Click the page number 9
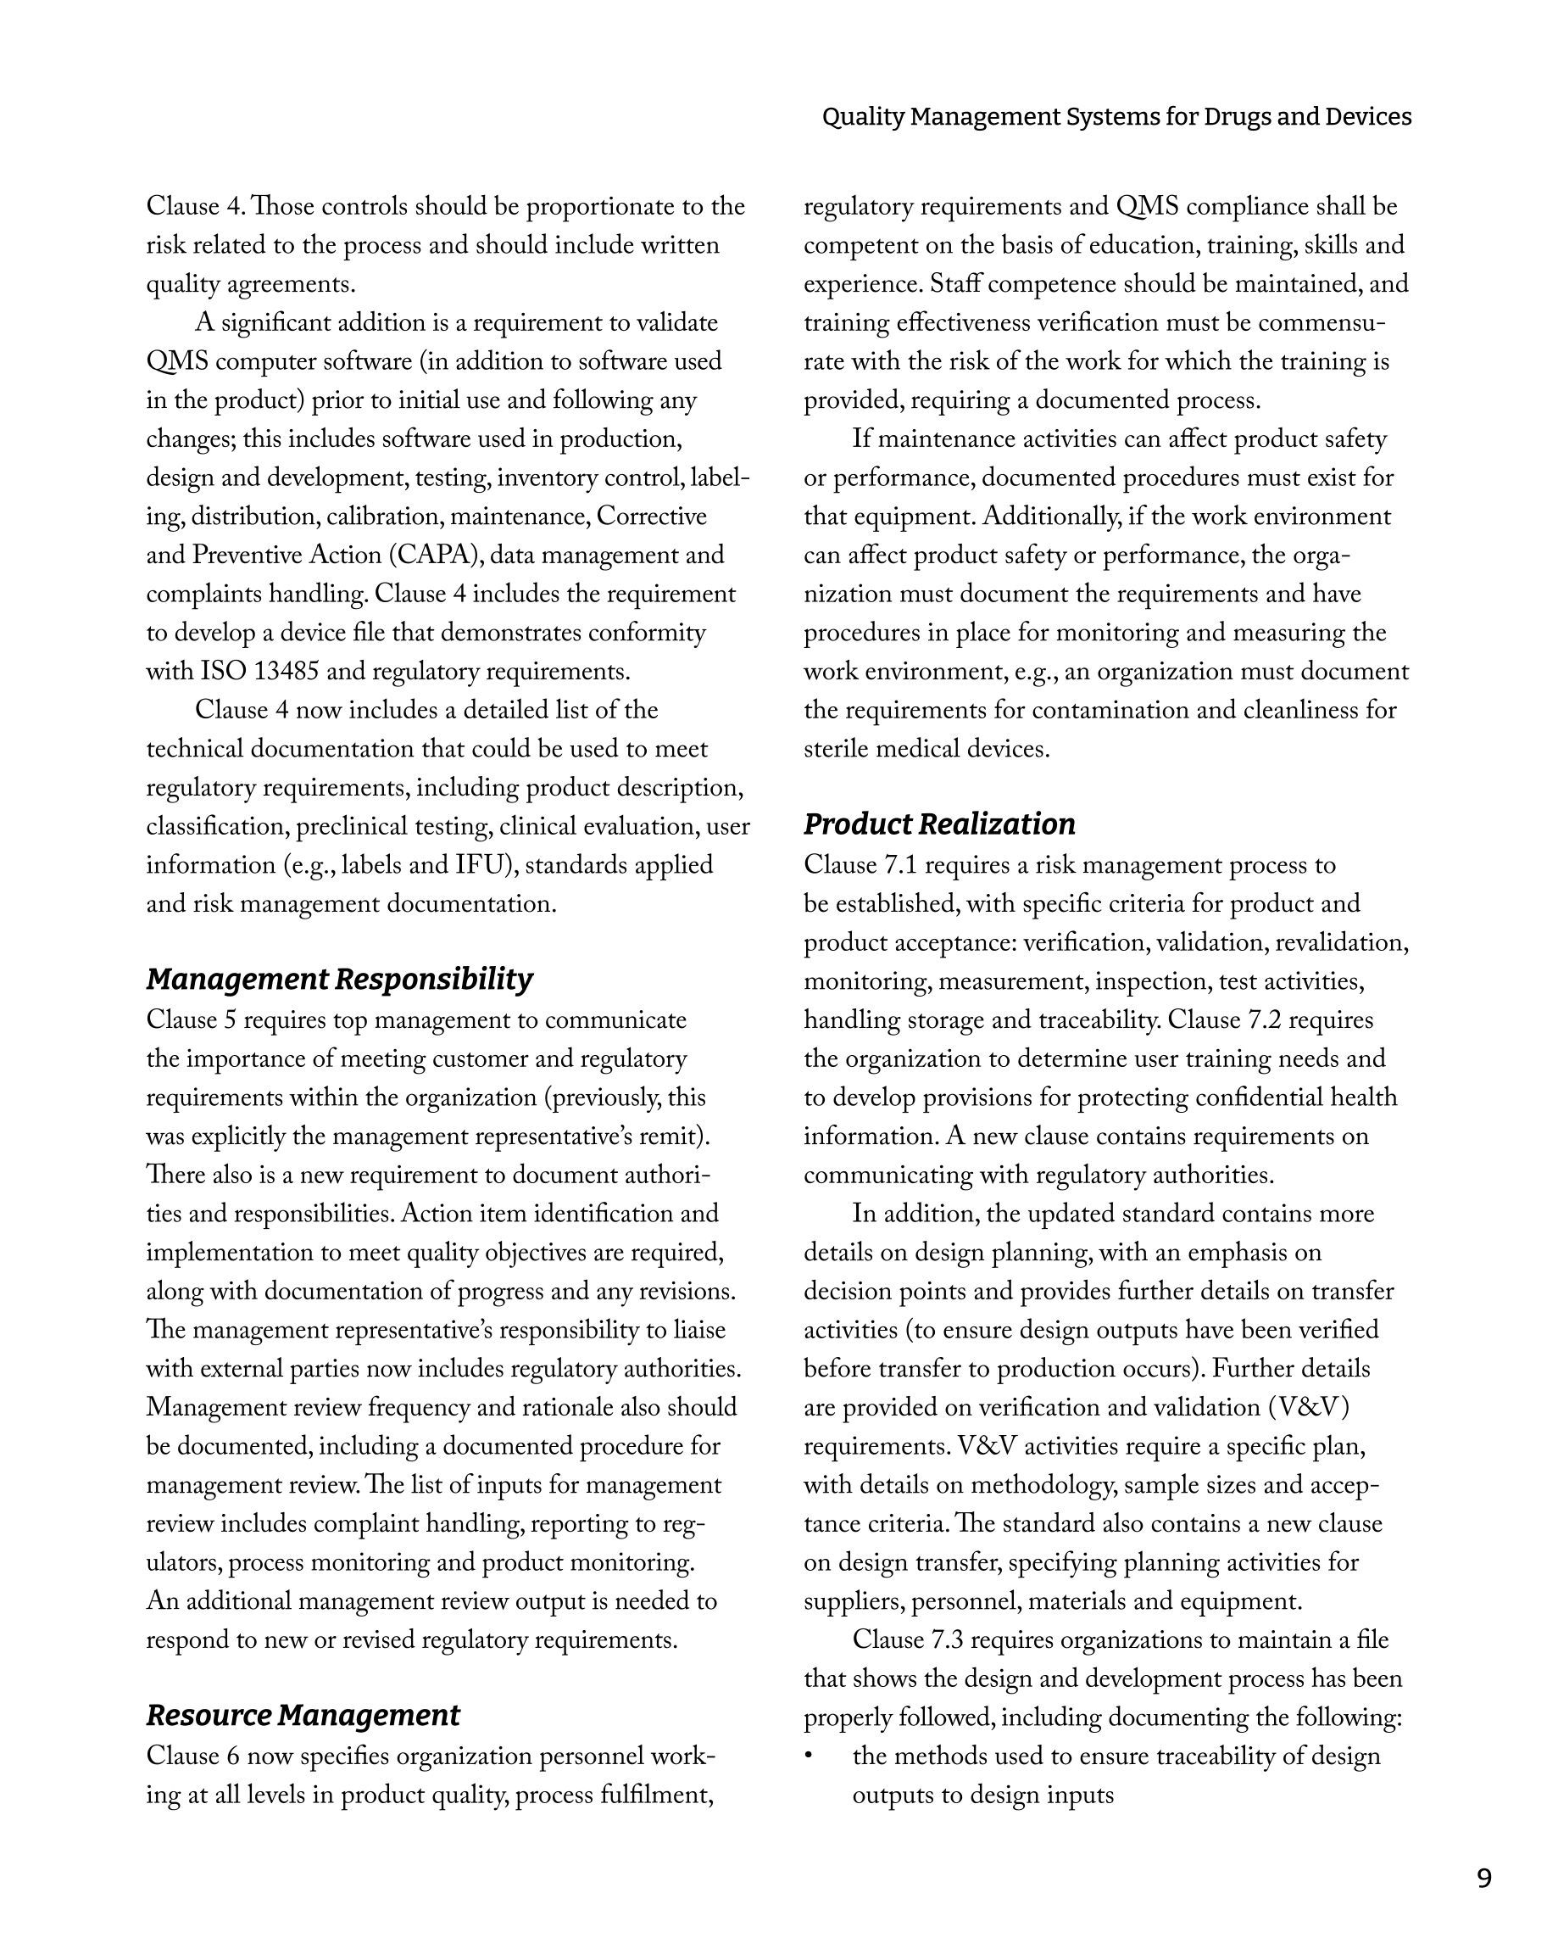[1484, 1879]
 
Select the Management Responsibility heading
[339, 979]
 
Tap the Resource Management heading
[303, 1715]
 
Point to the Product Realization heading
[939, 824]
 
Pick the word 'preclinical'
[349, 827]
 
